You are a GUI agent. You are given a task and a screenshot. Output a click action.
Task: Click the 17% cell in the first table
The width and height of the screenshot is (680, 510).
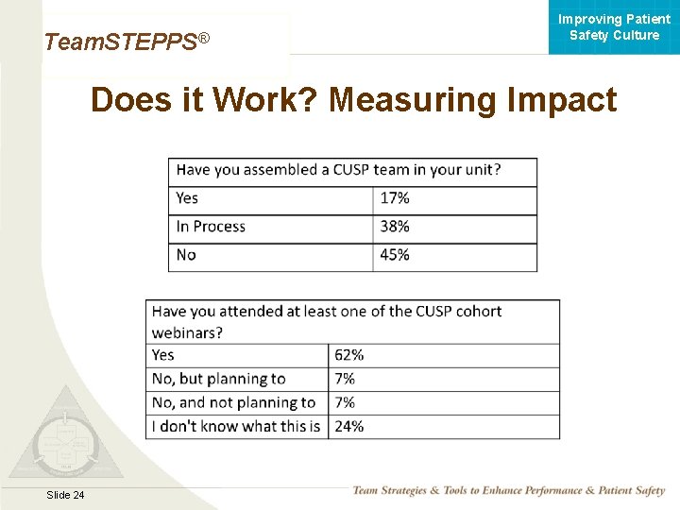click(x=395, y=198)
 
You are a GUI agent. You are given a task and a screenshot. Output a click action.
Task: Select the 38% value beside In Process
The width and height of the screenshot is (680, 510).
click(x=395, y=227)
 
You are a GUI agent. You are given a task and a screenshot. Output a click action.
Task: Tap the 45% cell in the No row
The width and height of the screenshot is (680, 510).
click(x=395, y=255)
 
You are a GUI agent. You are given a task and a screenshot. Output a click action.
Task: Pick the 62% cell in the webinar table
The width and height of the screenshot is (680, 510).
click(x=348, y=355)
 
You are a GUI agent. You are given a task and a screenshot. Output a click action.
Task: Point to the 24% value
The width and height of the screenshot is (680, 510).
click(x=348, y=426)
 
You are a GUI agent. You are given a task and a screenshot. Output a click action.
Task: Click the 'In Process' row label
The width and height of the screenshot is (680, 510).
click(x=211, y=227)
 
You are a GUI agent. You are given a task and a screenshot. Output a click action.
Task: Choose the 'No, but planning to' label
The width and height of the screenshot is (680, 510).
click(x=218, y=379)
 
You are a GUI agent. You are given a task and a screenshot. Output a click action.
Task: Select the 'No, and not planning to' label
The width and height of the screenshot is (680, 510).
click(x=233, y=402)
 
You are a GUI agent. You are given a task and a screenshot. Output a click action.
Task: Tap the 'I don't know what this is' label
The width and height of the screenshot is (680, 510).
click(x=236, y=426)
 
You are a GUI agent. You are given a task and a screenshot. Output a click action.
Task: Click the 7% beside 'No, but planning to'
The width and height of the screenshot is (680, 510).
click(x=345, y=379)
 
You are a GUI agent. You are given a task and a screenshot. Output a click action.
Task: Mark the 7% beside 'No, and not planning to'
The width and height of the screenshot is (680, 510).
click(x=345, y=402)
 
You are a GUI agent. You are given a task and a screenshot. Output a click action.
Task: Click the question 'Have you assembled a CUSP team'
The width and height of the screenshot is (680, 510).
click(x=338, y=170)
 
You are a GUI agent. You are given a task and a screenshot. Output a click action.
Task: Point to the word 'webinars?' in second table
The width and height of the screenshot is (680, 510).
click(x=187, y=332)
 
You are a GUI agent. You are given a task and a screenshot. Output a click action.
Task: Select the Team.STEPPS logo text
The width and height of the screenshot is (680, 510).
click(x=126, y=42)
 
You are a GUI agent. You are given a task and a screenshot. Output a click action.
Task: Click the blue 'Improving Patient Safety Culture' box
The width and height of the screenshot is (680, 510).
click(x=614, y=27)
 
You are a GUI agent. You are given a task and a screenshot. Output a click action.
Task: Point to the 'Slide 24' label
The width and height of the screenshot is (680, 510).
click(x=65, y=496)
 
